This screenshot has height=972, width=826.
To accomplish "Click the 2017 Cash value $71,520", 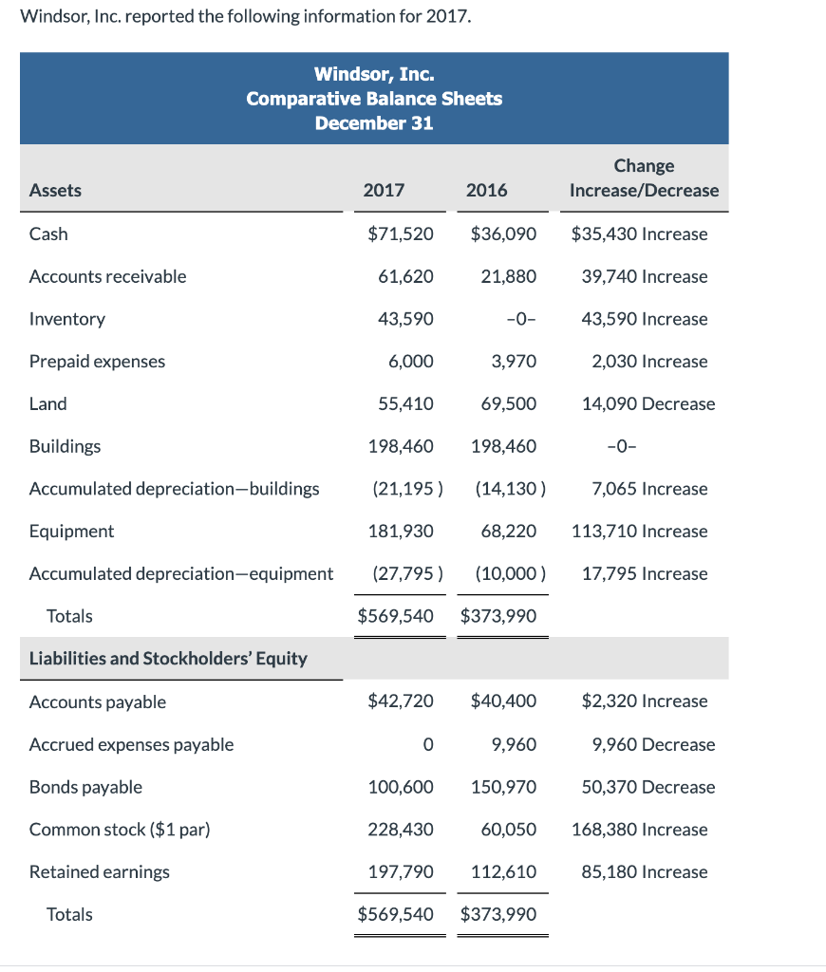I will [x=400, y=234].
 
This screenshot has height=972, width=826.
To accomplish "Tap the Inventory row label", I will [x=67, y=319].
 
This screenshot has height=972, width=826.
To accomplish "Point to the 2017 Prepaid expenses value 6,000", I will [x=411, y=361].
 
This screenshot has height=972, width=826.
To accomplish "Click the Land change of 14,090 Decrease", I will [x=648, y=403].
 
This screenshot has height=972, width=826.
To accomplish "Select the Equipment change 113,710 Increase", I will [x=639, y=531].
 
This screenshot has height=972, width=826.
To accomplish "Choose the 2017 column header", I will [x=384, y=190].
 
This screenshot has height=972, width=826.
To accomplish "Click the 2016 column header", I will [x=486, y=190].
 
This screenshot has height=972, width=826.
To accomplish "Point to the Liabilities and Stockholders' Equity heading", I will [x=168, y=658].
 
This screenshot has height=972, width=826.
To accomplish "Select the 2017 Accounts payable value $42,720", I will [x=400, y=701].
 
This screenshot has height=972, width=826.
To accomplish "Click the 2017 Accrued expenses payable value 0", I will [x=428, y=744].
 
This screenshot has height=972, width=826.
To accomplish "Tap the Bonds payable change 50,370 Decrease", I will [x=648, y=787].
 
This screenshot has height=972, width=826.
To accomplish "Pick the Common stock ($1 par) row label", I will [x=120, y=829].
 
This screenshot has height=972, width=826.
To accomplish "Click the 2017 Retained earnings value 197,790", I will [x=401, y=871].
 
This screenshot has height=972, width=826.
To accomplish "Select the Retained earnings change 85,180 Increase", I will [x=644, y=871].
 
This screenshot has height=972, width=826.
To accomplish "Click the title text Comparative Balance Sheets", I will [x=374, y=99].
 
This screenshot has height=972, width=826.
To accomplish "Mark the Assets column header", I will [x=55, y=190].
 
